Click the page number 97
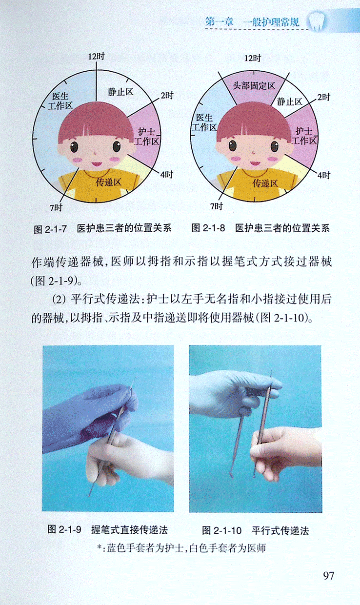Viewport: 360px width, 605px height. point(329,576)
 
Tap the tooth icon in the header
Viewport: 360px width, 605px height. point(317,21)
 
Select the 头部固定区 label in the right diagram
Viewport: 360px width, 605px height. point(254,86)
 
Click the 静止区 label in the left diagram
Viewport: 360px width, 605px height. point(120,92)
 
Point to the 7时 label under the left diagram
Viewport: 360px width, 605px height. point(56,207)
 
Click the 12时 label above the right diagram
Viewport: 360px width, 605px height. point(253,58)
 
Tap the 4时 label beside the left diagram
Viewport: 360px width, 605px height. point(166,175)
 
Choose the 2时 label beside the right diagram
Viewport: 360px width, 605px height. point(323,97)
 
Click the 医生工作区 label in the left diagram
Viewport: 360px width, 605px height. point(60,101)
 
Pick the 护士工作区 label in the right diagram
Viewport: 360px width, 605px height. point(304,136)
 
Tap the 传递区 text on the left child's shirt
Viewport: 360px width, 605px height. point(109,182)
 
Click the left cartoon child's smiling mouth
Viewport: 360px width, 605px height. point(97,164)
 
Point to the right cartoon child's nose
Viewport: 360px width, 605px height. point(253,153)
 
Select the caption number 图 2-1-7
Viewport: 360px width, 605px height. point(50,229)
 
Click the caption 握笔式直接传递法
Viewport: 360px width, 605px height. point(130,530)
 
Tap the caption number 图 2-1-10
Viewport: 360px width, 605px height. point(222,530)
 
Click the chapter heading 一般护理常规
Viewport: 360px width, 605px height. point(271,22)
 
